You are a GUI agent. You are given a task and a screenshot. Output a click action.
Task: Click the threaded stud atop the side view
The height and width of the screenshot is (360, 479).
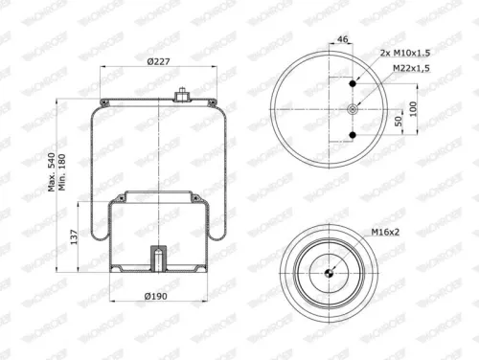[x=179, y=95]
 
